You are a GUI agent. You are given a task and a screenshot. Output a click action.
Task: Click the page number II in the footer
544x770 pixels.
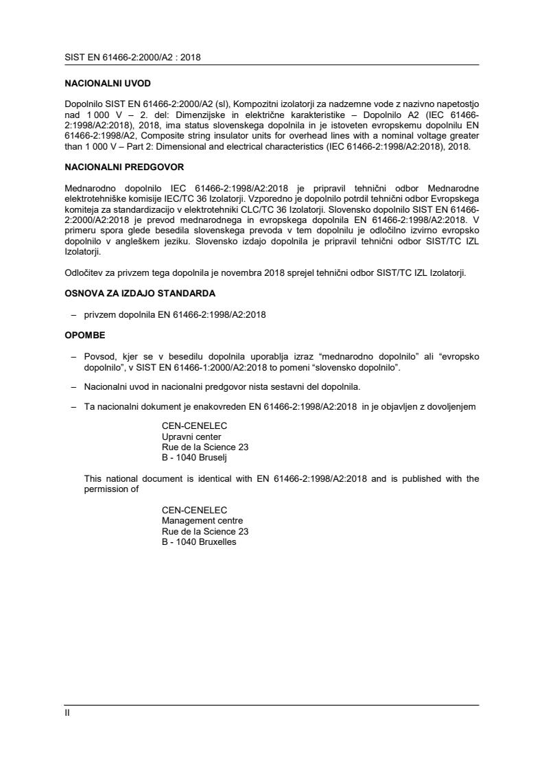(67, 712)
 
